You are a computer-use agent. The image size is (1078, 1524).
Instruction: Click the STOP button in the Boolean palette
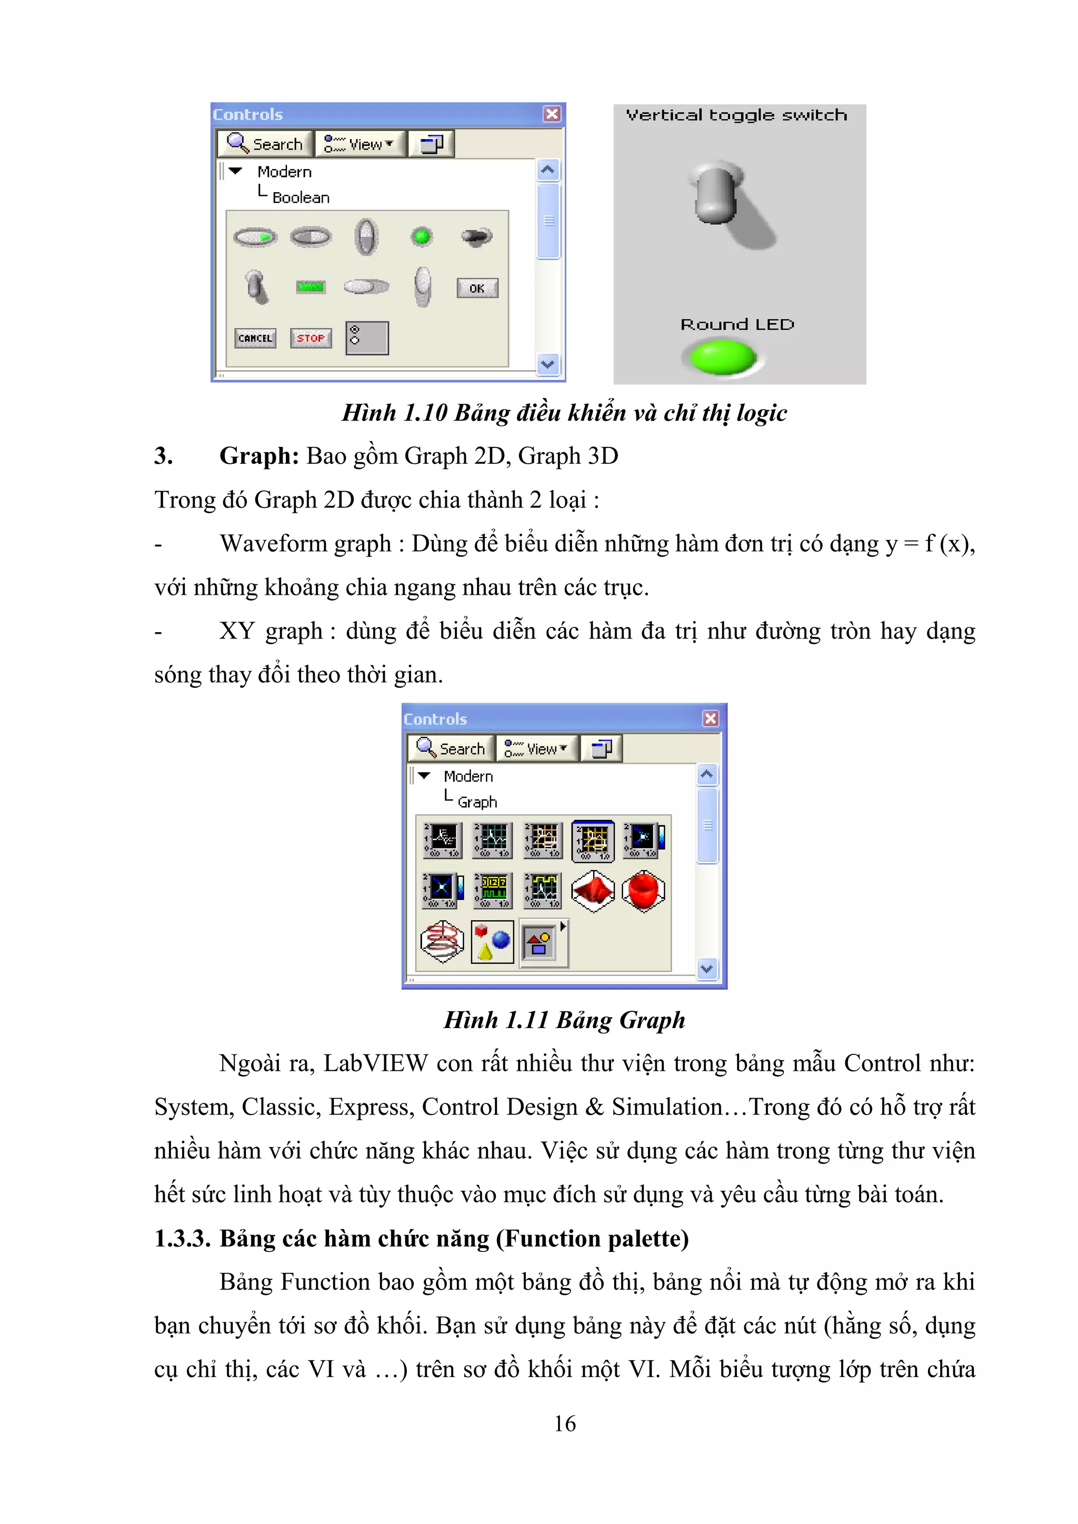[x=311, y=338]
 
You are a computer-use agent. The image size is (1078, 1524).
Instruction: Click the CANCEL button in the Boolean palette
[x=255, y=338]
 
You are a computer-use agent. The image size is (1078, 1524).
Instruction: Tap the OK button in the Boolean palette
[x=476, y=288]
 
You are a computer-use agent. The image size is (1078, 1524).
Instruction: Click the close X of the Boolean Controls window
[x=552, y=114]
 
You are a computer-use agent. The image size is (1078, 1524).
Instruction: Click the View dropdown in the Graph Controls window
[x=536, y=749]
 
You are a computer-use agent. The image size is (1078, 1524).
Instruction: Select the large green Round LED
[x=723, y=357]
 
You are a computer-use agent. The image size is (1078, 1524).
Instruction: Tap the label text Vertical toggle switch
[x=736, y=115]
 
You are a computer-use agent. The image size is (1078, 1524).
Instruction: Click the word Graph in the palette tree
[x=477, y=802]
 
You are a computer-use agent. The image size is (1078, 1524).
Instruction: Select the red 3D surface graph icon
[x=593, y=891]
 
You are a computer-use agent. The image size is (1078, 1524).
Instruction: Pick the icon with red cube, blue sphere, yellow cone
[x=492, y=941]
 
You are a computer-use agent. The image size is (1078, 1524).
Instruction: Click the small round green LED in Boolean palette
[x=422, y=236]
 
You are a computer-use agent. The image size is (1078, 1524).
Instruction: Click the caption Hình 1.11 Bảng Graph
[x=564, y=1020]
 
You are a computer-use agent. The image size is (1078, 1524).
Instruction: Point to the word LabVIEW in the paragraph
[x=376, y=1063]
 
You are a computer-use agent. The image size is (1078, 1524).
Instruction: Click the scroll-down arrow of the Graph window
[x=707, y=969]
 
